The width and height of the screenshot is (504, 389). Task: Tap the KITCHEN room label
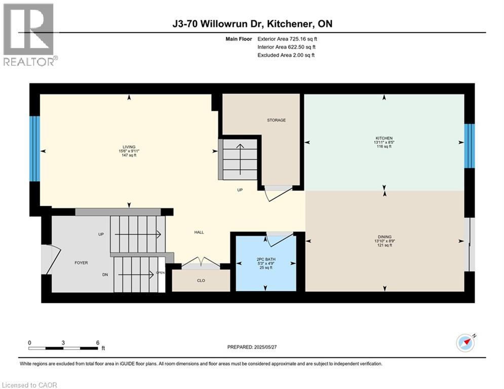point(384,138)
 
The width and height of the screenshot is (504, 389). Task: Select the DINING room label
point(384,236)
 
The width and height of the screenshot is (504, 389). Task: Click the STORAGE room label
point(277,120)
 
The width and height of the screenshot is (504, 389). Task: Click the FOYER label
point(81,262)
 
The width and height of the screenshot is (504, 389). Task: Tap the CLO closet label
point(201,280)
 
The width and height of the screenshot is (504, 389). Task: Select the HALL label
point(199,232)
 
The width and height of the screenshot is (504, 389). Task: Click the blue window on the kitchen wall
point(470,145)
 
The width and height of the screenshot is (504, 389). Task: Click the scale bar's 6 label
point(97,342)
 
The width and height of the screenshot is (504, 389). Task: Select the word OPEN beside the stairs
point(161,272)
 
